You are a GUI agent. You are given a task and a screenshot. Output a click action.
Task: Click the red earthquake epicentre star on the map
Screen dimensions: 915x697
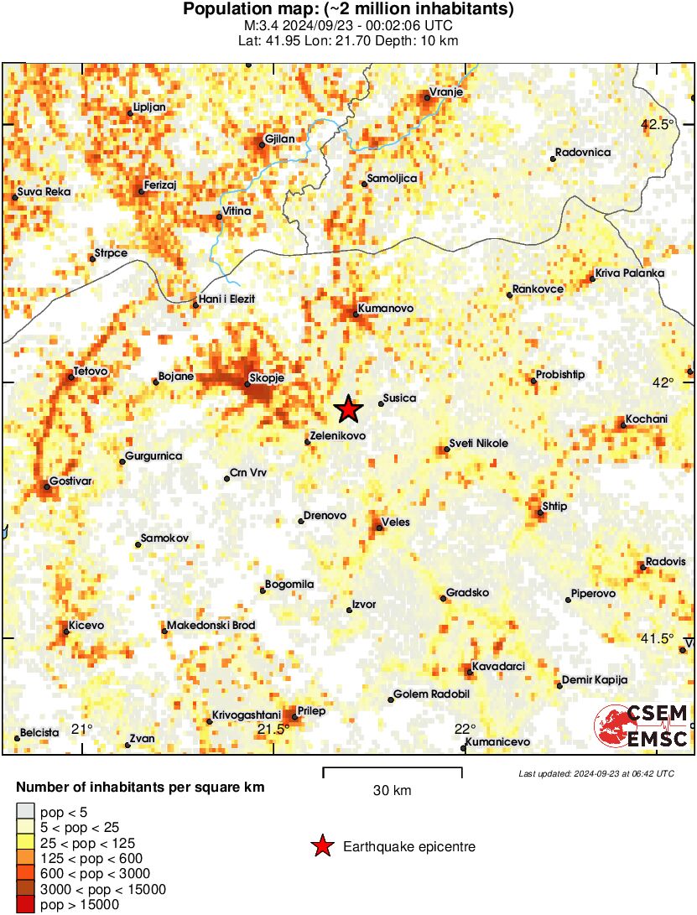[349, 409]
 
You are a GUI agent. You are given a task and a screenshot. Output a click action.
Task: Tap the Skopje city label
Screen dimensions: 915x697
[270, 378]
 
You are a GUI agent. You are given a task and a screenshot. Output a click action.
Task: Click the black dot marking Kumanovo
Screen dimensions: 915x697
[355, 315]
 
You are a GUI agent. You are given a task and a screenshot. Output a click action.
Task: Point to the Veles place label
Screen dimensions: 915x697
[395, 522]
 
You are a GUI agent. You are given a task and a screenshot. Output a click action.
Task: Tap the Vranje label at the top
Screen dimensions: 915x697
[446, 92]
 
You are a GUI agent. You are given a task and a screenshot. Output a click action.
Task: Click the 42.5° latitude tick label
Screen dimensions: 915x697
[657, 125]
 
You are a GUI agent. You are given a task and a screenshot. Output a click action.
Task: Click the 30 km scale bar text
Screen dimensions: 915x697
[392, 790]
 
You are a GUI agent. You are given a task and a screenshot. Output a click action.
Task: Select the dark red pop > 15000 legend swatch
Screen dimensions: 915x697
[26, 905]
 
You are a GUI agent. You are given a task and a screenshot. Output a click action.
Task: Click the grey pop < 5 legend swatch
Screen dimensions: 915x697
[26, 811]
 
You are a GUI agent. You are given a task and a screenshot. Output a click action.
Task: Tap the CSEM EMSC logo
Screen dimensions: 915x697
[642, 726]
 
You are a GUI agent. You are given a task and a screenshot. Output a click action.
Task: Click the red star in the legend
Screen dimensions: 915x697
[321, 847]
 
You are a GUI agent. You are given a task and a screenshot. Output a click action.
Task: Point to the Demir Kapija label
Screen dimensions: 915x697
[594, 680]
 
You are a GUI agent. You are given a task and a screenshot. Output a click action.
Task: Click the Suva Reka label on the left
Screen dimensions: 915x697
[44, 192]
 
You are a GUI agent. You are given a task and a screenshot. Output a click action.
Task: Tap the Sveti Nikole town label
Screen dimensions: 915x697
[478, 444]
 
